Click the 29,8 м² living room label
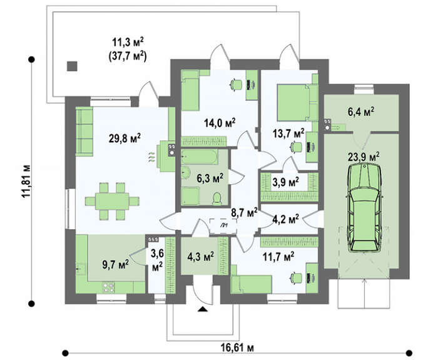click(x=125, y=138)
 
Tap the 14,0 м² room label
click(x=220, y=123)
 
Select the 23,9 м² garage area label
click(x=364, y=157)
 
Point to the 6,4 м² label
click(x=361, y=112)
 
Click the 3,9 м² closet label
click(x=285, y=182)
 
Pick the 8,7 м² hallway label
click(x=244, y=213)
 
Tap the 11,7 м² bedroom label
click(x=278, y=255)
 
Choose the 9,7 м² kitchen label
click(x=115, y=264)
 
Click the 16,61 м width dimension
click(x=237, y=348)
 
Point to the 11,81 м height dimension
click(x=26, y=181)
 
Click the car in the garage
click(x=364, y=208)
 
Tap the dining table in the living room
click(x=112, y=201)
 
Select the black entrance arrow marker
click(x=203, y=309)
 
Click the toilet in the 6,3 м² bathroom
click(x=217, y=198)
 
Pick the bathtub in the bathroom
click(x=199, y=157)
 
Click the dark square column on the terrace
click(x=72, y=66)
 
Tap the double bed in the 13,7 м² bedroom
click(x=297, y=103)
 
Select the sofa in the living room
click(x=84, y=131)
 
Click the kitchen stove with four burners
click(x=109, y=288)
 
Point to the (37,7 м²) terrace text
click(x=127, y=56)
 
